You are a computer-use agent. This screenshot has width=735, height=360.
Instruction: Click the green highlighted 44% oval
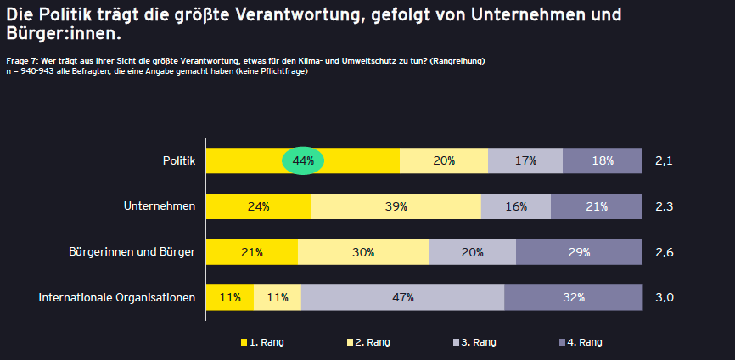click(303, 160)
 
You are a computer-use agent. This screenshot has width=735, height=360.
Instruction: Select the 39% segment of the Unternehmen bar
click(396, 206)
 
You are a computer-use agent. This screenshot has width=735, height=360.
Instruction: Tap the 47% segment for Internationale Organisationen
click(402, 297)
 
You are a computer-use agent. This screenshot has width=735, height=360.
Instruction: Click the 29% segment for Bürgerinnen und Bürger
click(579, 252)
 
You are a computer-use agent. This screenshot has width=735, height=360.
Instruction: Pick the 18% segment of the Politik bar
click(603, 160)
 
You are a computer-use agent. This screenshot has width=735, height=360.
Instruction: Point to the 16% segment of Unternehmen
click(516, 206)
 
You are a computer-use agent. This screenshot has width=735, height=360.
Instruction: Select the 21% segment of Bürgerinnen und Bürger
click(252, 252)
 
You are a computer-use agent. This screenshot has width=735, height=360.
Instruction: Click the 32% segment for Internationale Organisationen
click(573, 297)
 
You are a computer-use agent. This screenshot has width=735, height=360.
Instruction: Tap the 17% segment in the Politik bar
click(525, 160)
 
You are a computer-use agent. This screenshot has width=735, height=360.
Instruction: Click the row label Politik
click(179, 160)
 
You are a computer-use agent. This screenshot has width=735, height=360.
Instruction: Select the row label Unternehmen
click(160, 206)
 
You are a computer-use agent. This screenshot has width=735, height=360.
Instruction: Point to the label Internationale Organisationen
click(117, 298)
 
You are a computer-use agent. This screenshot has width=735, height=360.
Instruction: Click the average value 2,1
click(665, 161)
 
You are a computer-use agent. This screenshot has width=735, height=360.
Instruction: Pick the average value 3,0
click(665, 298)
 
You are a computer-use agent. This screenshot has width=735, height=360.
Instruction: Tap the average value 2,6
click(665, 253)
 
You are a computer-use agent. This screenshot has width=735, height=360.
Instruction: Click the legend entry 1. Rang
click(262, 342)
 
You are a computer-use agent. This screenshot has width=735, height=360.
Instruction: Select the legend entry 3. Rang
click(474, 342)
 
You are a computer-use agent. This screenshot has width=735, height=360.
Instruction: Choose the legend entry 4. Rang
click(581, 342)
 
